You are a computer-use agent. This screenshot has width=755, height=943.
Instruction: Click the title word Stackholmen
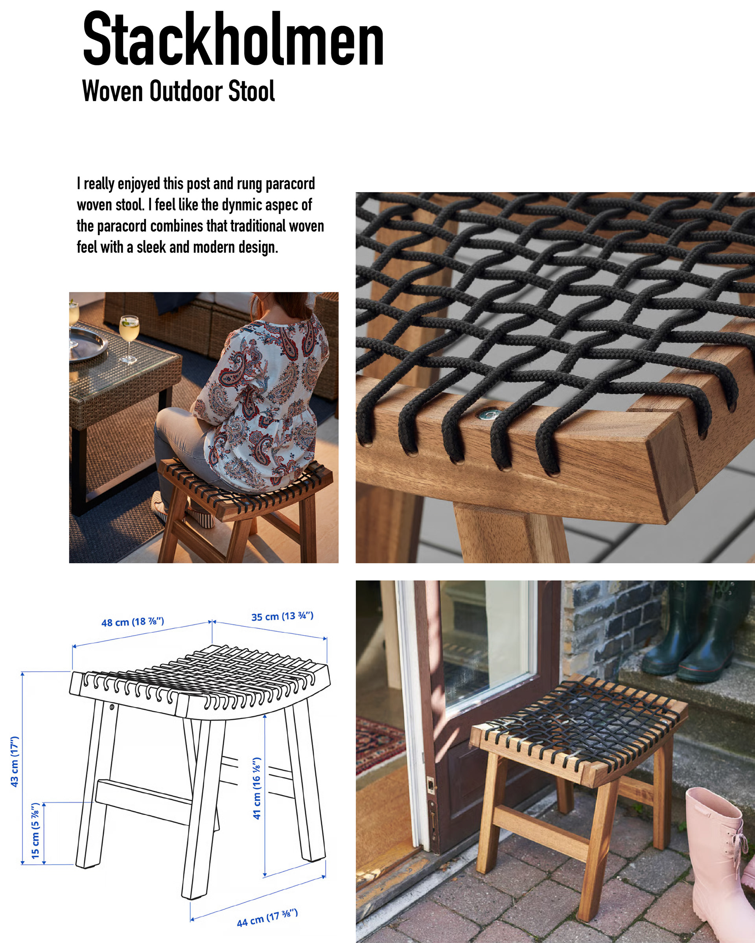(x=233, y=39)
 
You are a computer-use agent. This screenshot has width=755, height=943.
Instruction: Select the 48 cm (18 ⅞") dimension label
(x=133, y=621)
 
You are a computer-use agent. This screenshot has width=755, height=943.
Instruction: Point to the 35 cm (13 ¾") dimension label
(x=282, y=616)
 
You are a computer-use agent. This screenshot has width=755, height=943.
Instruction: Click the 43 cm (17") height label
(x=15, y=761)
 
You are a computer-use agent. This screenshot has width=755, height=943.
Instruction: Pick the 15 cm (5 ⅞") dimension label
(x=35, y=831)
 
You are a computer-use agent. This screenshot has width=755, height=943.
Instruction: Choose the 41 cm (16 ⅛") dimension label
(x=257, y=788)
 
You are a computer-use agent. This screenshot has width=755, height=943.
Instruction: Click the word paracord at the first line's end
(x=290, y=184)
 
